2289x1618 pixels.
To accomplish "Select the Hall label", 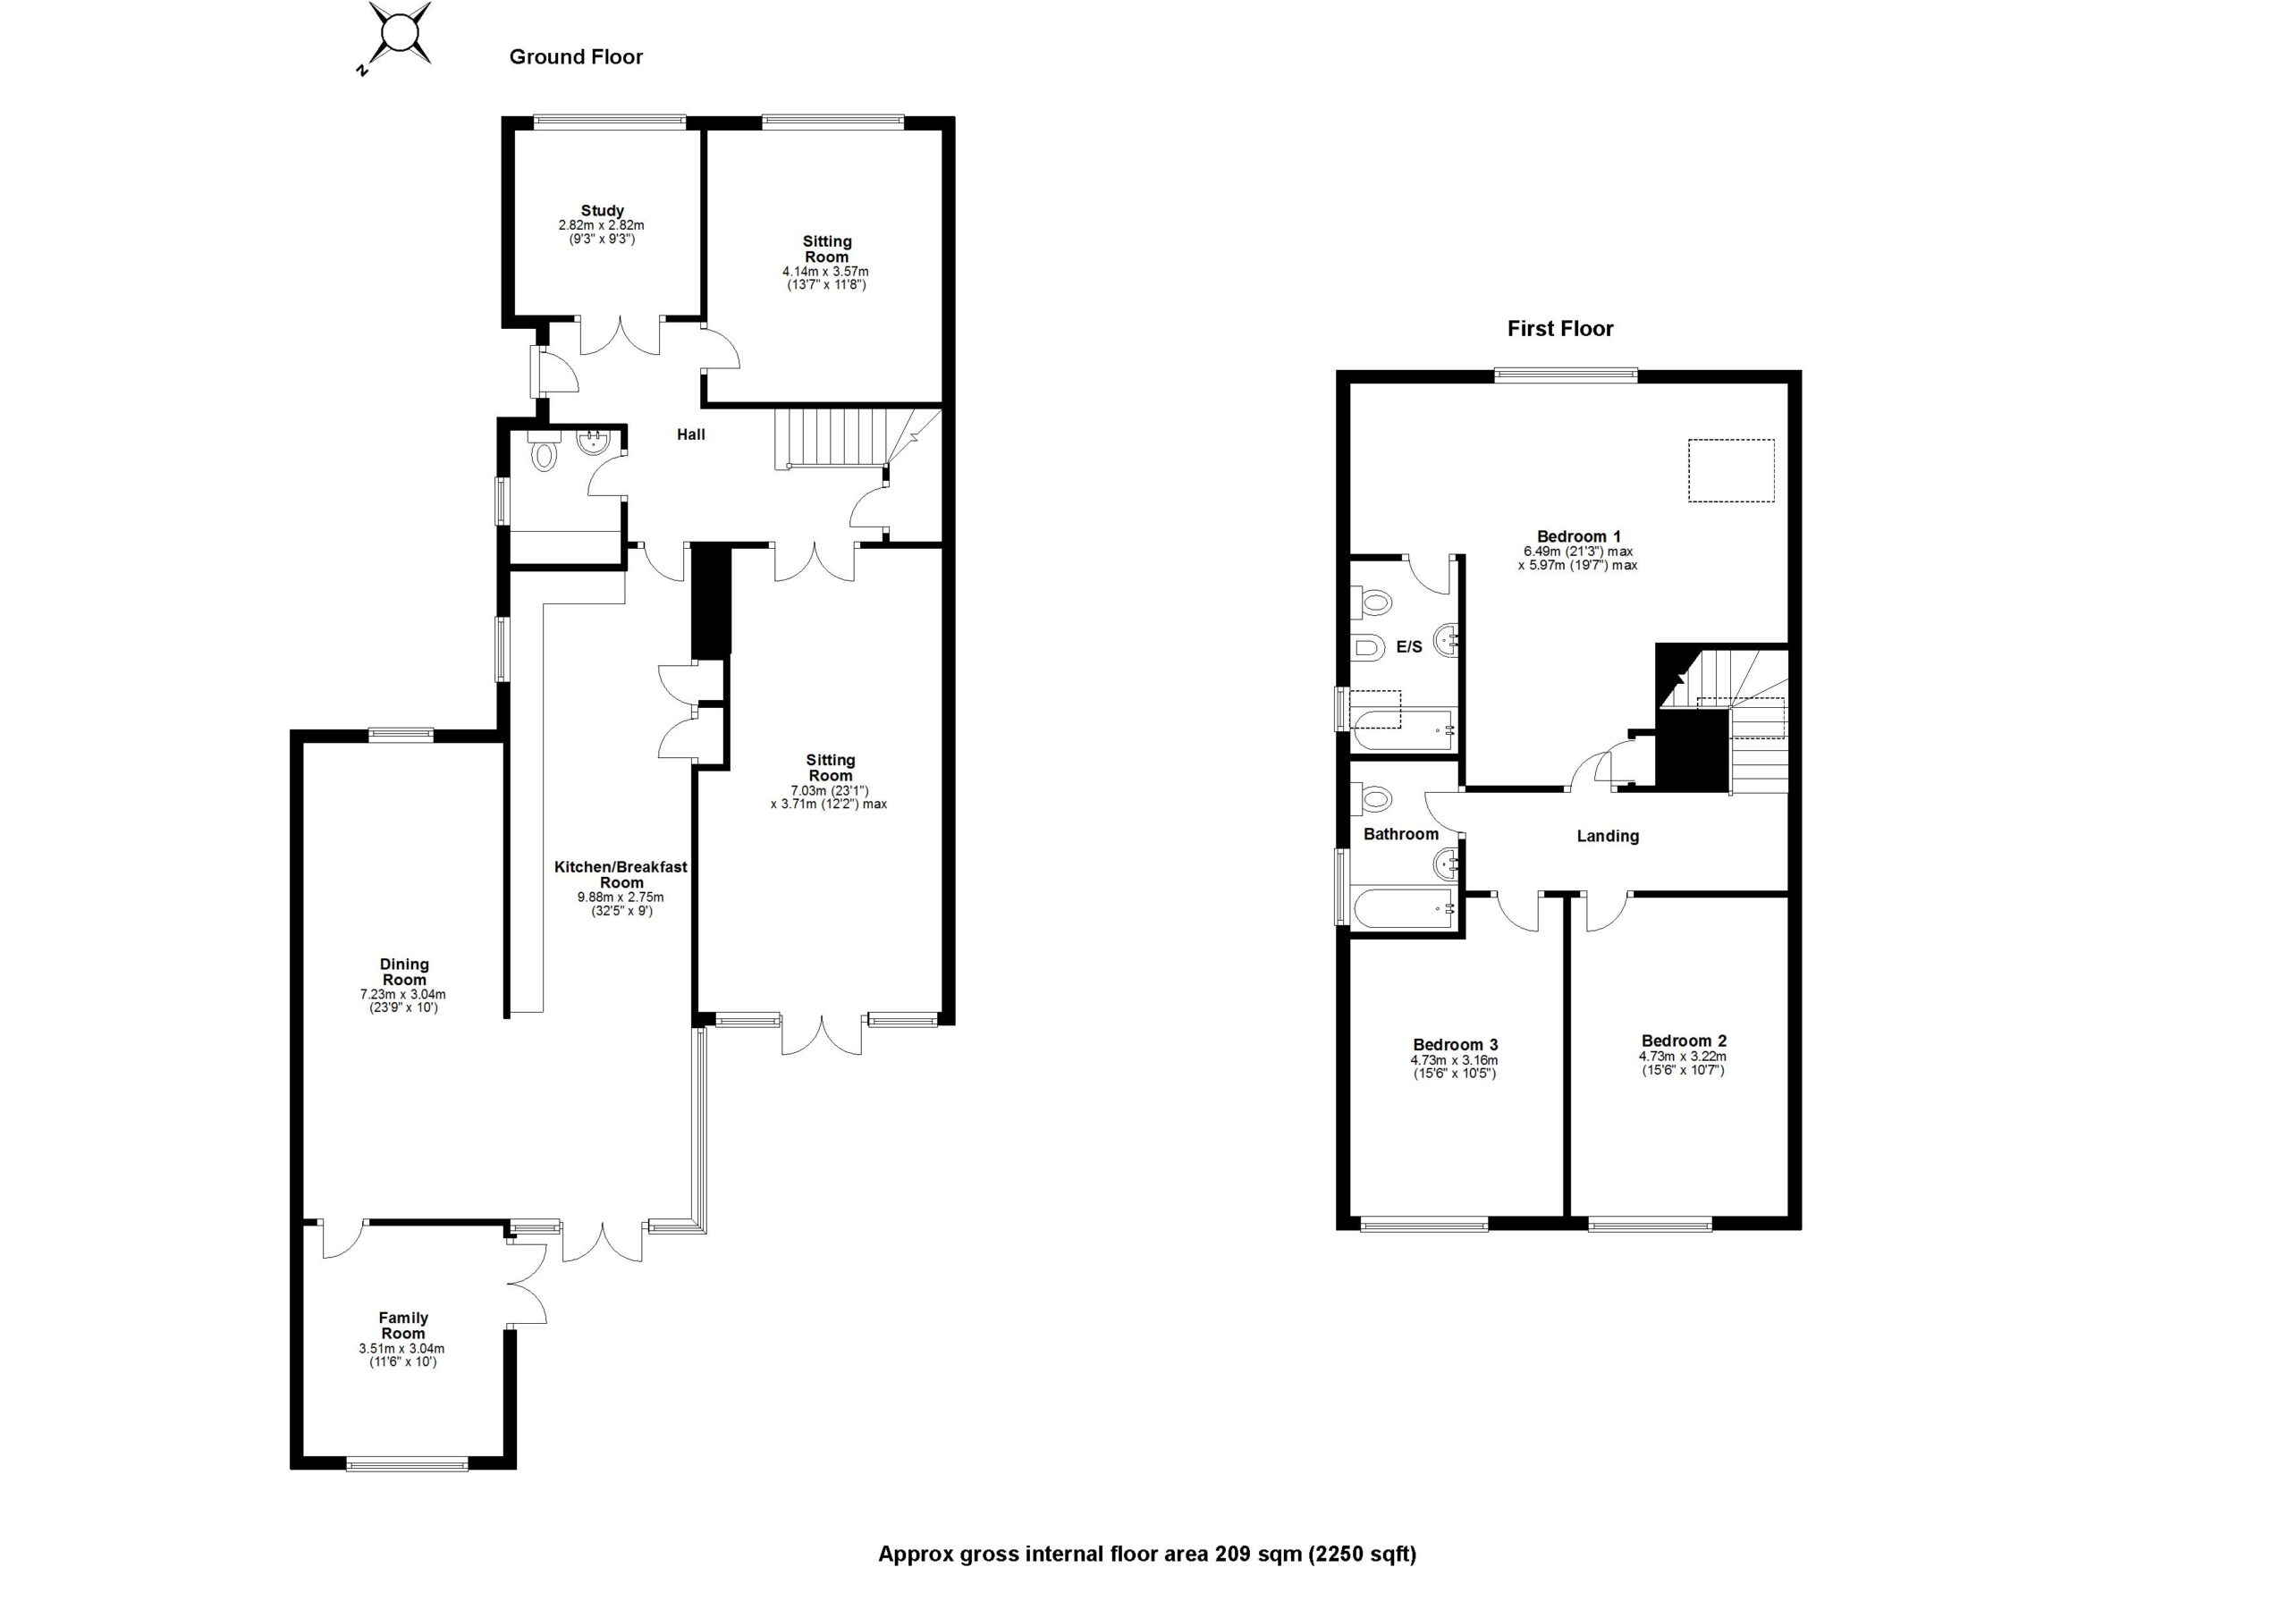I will (691, 434).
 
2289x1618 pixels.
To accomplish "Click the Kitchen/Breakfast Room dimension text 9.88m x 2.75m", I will (621, 897).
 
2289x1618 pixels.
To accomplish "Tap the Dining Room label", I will (404, 972).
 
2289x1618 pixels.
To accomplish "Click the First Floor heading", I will (1559, 329).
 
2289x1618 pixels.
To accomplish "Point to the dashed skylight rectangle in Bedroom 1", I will (1731, 470).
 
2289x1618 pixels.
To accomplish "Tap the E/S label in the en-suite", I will (1408, 647).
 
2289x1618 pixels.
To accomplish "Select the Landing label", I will (1607, 837).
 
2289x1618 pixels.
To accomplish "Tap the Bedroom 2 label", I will (1684, 1041).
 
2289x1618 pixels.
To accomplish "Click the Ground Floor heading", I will (575, 57).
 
